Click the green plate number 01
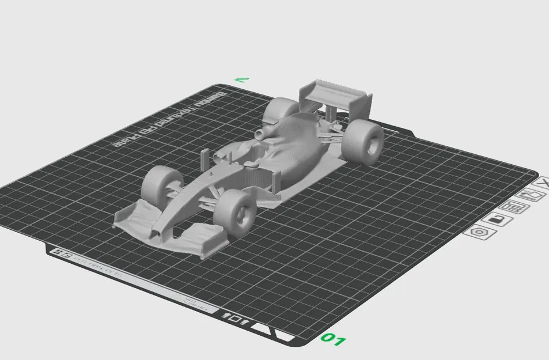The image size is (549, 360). [x=333, y=339]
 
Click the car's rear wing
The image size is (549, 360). [x=334, y=93]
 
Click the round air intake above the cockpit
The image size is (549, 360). [x=261, y=134]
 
